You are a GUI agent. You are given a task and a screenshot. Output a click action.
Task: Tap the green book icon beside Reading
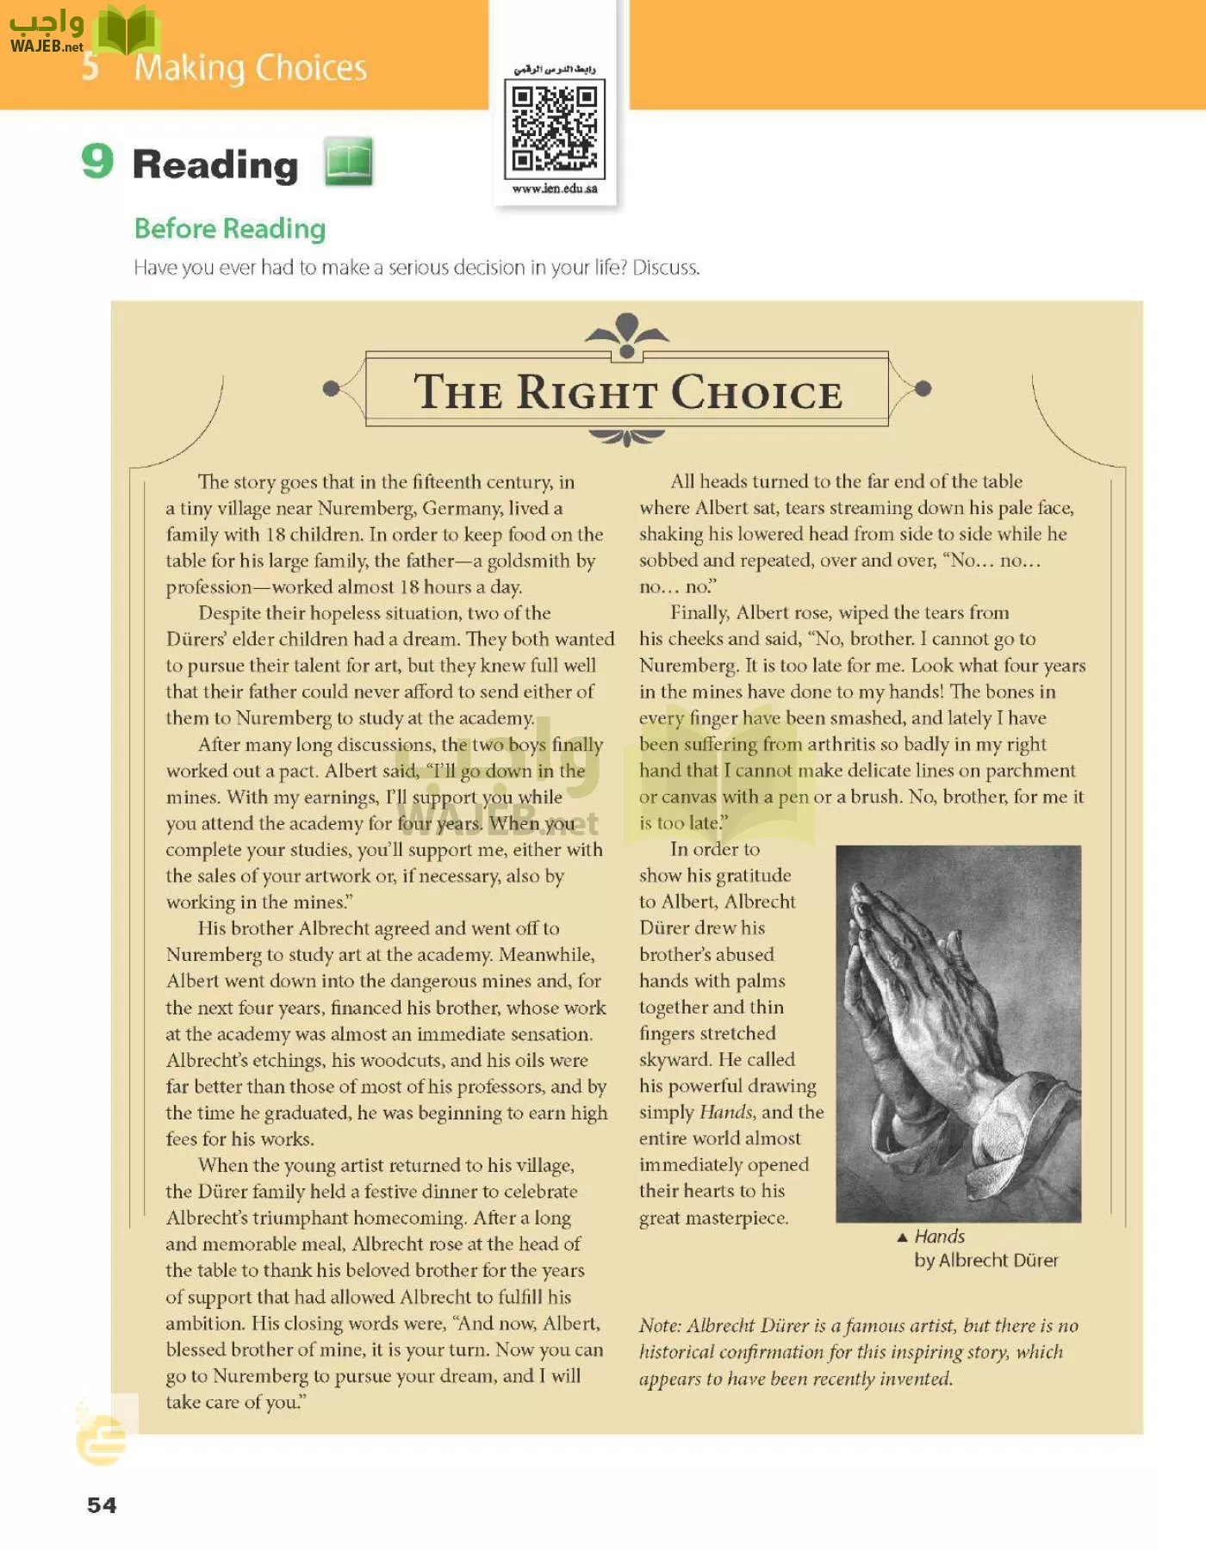349,162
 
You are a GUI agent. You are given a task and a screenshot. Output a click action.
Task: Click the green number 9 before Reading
97,161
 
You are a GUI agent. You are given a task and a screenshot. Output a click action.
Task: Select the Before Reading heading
230,229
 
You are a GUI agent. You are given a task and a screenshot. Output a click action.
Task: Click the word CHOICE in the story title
756,394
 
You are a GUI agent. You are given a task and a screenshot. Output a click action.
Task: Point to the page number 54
102,1504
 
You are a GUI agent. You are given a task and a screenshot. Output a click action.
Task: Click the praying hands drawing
958,1033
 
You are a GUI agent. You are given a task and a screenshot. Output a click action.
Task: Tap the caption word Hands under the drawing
939,1237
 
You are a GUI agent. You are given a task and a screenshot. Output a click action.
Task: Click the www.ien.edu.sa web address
554,189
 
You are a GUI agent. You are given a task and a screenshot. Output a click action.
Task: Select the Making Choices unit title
251,68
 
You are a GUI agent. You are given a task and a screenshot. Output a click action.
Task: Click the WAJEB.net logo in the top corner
47,32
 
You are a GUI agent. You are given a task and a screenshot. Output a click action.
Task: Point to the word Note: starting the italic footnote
661,1326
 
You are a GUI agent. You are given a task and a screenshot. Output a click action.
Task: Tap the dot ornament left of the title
330,389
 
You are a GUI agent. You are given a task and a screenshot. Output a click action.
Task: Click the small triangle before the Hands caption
902,1237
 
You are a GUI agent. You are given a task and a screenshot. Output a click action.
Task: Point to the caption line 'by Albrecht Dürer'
985,1261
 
